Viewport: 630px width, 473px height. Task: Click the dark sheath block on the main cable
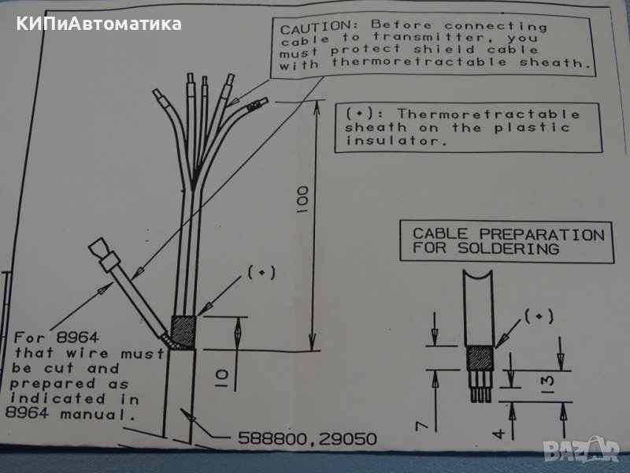click(183, 331)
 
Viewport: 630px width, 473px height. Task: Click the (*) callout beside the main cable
click(261, 273)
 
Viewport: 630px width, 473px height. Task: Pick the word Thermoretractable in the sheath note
click(488, 115)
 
